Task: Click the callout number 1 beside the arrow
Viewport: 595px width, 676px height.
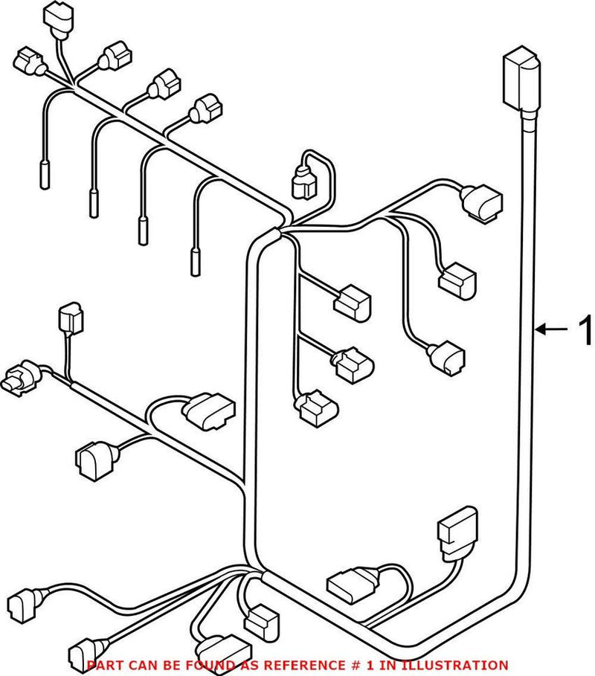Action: [585, 328]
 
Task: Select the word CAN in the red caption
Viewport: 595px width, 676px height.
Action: [138, 665]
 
